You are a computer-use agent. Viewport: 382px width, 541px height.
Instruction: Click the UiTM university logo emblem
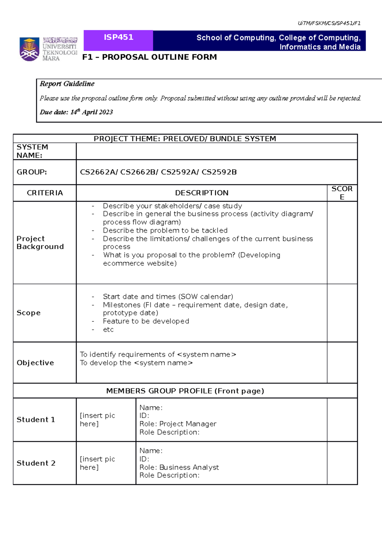30,49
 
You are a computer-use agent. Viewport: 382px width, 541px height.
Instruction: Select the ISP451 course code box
118,38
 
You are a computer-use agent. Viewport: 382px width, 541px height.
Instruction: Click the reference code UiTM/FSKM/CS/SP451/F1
329,23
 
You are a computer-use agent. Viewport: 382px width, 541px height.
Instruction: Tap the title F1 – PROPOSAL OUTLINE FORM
150,57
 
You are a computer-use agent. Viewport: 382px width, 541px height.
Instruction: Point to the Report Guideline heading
67,84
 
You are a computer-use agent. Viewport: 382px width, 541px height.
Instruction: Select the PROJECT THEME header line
185,139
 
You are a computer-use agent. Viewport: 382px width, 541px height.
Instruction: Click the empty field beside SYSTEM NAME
216,151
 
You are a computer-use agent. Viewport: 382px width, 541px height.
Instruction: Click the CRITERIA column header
45,193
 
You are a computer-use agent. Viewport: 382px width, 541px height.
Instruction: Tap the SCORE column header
342,193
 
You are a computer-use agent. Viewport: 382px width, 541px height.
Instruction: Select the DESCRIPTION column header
202,193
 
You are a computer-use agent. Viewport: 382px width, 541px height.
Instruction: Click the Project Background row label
40,242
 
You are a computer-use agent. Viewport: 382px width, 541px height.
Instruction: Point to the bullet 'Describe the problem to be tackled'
165,230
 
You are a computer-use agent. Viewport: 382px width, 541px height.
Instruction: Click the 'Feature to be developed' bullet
146,321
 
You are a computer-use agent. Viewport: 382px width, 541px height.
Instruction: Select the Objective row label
35,363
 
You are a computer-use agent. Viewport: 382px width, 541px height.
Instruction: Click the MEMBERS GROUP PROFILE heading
185,391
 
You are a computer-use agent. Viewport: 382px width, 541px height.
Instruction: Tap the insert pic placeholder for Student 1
97,420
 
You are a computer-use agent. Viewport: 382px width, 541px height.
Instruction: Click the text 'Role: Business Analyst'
179,467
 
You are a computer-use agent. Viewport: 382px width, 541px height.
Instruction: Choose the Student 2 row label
36,463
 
